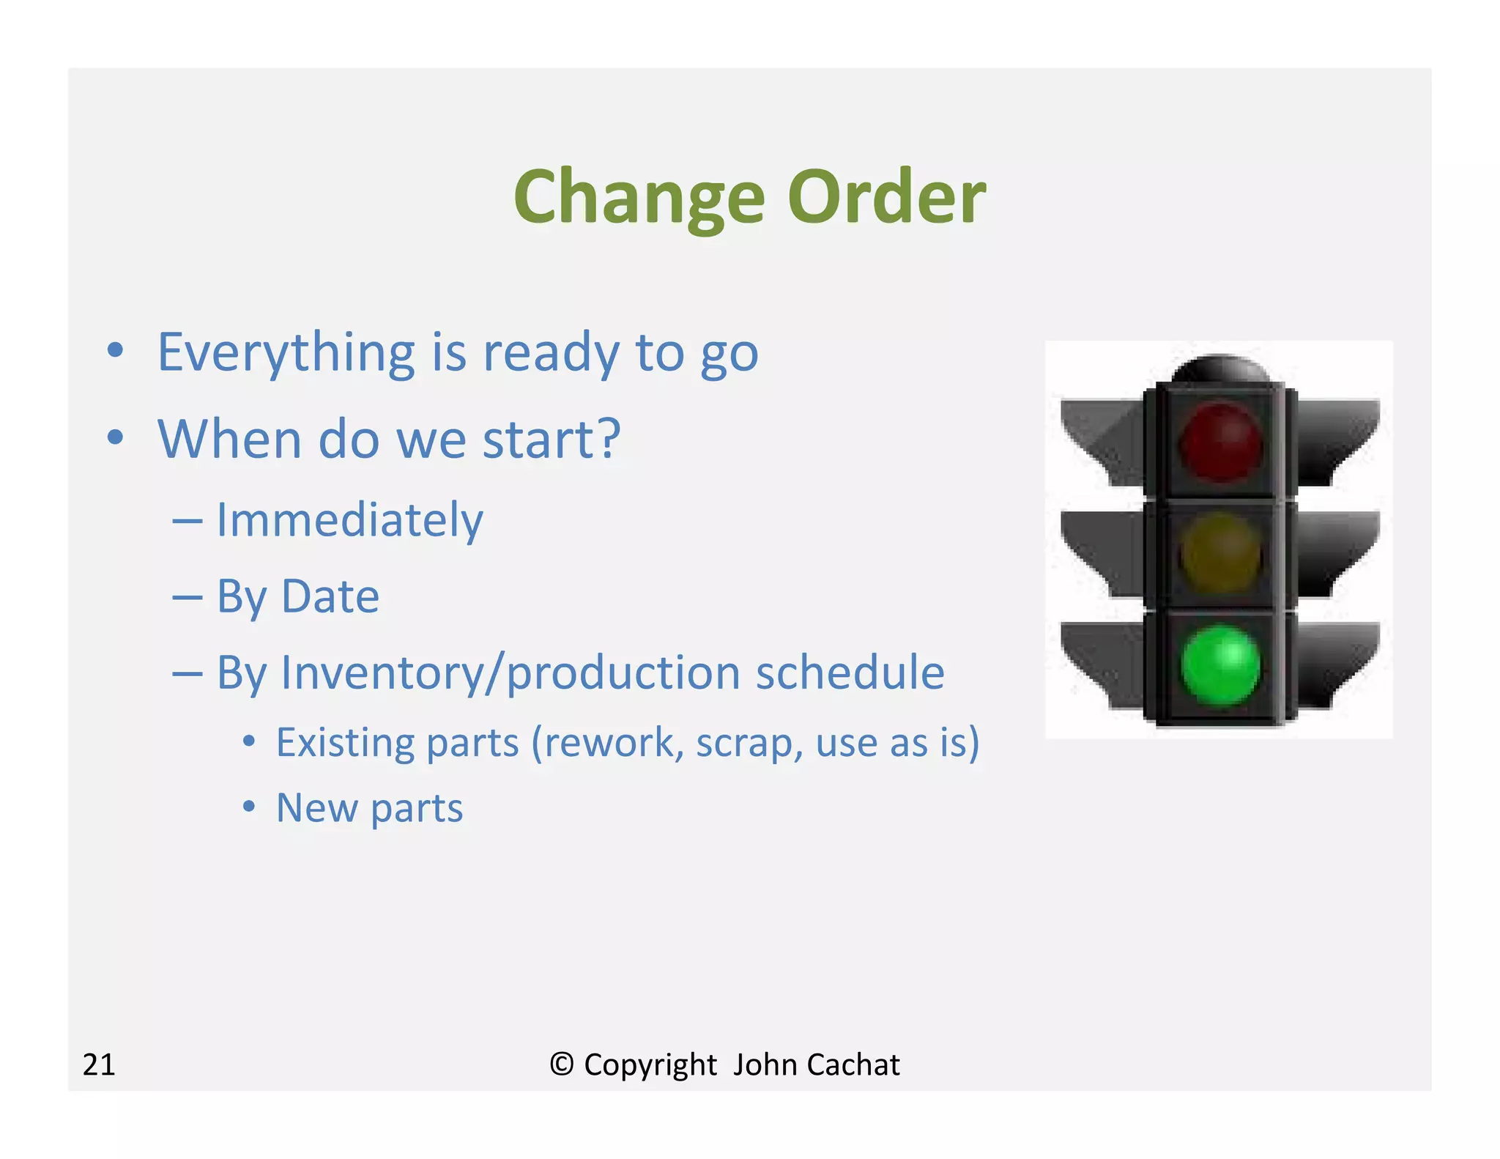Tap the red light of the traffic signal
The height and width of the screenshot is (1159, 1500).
1220,442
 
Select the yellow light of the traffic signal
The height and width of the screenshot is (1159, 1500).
1220,553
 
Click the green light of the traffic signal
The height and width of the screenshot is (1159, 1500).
1220,664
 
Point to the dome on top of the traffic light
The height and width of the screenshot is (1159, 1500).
1220,369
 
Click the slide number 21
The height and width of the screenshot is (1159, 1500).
99,1064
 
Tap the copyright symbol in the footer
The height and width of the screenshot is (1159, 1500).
561,1064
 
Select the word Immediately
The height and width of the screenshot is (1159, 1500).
350,520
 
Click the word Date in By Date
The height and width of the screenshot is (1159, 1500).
330,596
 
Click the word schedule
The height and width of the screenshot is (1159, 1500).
850,673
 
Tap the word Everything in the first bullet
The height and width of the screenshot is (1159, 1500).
286,353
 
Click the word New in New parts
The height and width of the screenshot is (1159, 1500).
316,807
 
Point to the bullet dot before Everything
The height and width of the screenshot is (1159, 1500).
115,349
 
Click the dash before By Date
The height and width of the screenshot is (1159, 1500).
187,598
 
